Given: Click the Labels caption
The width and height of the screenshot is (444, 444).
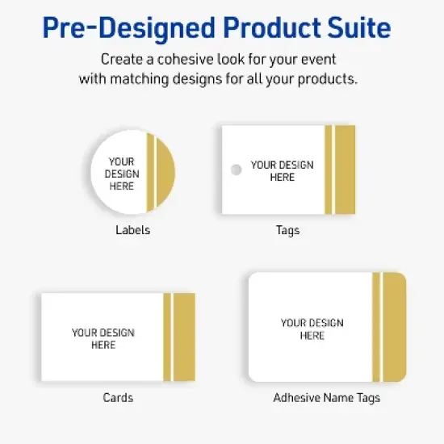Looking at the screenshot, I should point(133,230).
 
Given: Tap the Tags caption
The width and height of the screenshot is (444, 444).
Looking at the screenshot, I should point(287,230).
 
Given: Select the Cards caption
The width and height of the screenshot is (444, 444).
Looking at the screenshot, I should point(118,397).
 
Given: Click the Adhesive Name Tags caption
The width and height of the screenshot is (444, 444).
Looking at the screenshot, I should point(326,397).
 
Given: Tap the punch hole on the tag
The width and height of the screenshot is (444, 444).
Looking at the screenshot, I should point(236,170).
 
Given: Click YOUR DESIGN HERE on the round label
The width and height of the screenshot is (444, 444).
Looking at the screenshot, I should point(122,174).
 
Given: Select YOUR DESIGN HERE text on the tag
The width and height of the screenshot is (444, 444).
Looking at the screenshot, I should point(282,171).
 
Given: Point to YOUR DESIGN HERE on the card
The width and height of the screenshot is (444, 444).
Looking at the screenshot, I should point(103,339).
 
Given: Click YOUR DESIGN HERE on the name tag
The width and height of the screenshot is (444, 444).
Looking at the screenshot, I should point(312,329).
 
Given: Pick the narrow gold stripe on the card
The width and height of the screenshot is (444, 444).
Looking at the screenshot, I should point(167,337).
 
